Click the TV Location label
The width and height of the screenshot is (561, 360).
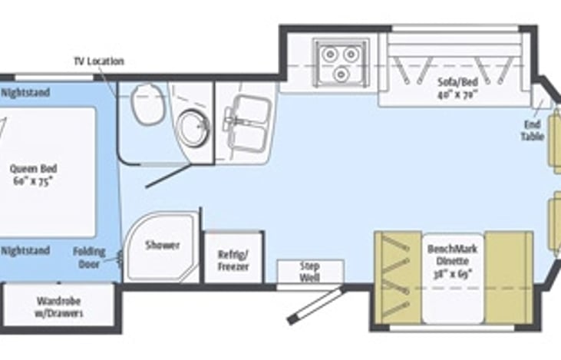(x=98, y=61)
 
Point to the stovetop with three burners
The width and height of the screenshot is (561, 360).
(x=341, y=61)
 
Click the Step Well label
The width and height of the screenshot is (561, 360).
(x=310, y=272)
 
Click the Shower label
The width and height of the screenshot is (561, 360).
(x=163, y=246)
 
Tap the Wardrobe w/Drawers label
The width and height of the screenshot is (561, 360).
(x=59, y=307)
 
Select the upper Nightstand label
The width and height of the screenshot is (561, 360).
(x=25, y=93)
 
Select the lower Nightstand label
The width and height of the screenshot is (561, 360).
(x=25, y=251)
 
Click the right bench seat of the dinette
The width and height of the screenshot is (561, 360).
(x=508, y=276)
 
